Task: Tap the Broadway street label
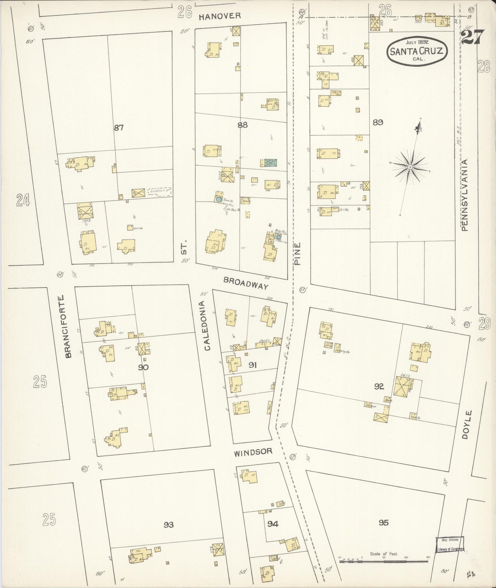245,283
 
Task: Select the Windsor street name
253,452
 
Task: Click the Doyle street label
465,424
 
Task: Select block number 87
118,128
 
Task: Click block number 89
378,122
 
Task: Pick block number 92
379,387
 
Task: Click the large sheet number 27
473,37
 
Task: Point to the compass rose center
410,167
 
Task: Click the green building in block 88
271,163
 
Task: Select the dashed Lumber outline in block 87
159,191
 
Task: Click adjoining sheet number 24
23,200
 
